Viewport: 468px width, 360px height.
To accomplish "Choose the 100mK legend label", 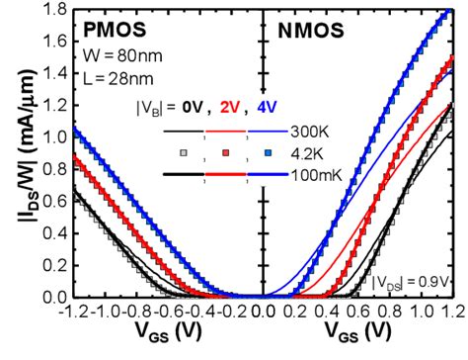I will pos(318,175).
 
